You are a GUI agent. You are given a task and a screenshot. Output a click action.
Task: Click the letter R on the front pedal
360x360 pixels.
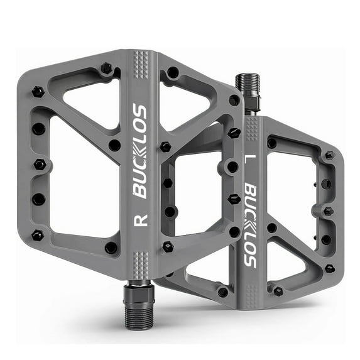tap(141, 220)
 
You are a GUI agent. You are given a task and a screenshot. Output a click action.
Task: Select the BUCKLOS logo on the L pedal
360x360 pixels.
tap(251, 225)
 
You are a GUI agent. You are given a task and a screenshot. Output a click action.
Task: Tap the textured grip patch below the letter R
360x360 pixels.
tap(141, 258)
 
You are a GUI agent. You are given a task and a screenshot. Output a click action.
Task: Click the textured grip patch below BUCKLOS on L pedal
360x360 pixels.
tap(251, 285)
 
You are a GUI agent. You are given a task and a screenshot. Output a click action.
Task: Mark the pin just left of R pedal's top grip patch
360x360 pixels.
tap(106, 67)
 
